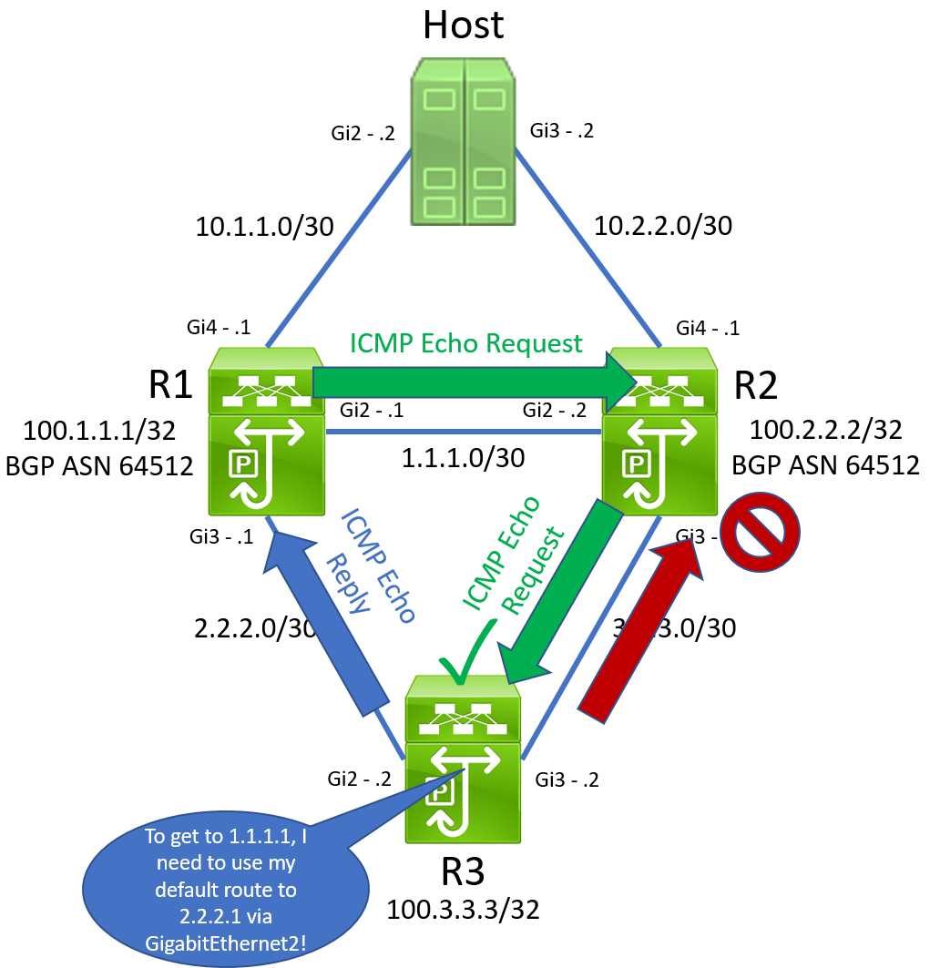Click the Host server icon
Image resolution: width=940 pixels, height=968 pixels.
tap(463, 142)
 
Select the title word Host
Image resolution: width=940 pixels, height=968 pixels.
tap(463, 25)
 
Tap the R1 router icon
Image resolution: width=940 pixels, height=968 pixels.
tap(266, 432)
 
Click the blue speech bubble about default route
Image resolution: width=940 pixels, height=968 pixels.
tap(226, 888)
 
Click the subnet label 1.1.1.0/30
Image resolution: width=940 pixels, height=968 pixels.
tap(463, 457)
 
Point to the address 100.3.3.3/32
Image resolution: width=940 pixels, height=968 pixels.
tap(463, 909)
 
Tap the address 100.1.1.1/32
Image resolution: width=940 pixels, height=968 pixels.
tap(98, 429)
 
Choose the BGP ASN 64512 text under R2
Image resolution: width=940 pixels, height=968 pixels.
tap(825, 465)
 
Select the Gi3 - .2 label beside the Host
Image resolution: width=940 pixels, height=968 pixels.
tap(561, 130)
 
